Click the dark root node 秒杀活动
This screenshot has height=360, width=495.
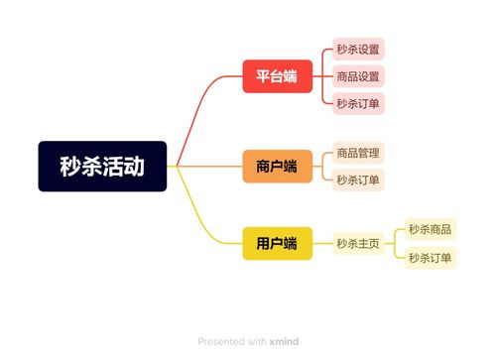click(102, 167)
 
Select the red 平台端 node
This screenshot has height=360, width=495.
click(277, 75)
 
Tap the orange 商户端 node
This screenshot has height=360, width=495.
click(277, 167)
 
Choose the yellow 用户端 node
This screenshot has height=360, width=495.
click(277, 244)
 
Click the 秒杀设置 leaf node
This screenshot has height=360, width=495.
click(357, 50)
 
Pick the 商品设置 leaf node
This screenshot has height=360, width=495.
click(357, 75)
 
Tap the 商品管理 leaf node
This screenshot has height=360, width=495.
click(357, 153)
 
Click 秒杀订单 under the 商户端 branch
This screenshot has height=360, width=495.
click(357, 180)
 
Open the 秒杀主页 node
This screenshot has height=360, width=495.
click(357, 244)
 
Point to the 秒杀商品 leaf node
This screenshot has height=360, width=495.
click(430, 230)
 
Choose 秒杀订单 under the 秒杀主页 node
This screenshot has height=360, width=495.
click(430, 258)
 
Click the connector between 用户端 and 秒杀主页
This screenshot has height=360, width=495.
click(322, 244)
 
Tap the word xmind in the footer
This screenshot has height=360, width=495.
click(284, 341)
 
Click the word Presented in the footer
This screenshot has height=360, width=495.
click(221, 341)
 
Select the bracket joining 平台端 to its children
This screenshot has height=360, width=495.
click(323, 75)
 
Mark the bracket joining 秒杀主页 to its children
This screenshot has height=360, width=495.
click(396, 244)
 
